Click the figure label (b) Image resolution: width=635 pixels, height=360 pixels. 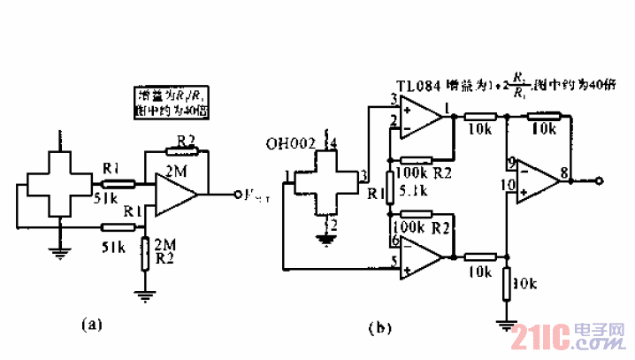pyautogui.click(x=379, y=329)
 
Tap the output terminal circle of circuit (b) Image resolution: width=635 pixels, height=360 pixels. pyautogui.click(x=600, y=180)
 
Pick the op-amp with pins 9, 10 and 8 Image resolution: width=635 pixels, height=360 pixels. pyautogui.click(x=537, y=180)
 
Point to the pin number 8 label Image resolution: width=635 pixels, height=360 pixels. pyautogui.click(x=562, y=173)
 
